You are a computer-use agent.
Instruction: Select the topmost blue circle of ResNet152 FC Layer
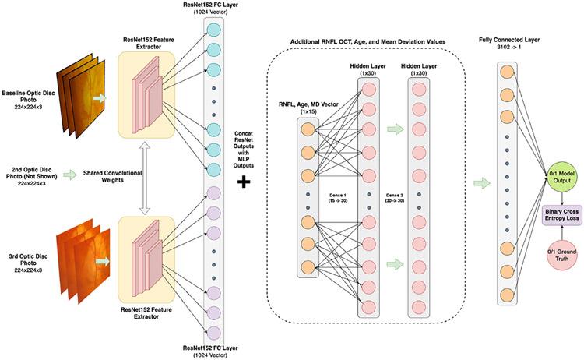pyautogui.click(x=213, y=30)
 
